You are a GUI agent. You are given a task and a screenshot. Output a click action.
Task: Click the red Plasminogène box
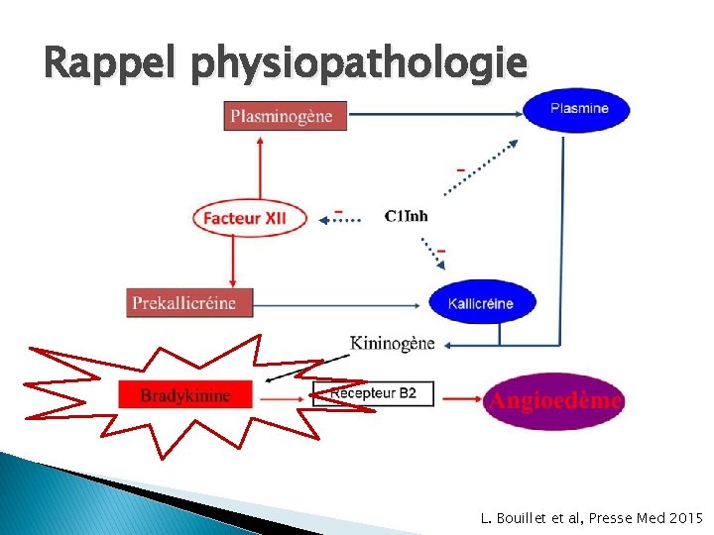285,116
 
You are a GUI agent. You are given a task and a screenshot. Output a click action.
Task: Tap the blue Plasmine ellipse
577,109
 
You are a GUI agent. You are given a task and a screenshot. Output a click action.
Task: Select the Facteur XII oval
251,218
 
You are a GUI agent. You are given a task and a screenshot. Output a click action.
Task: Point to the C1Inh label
407,216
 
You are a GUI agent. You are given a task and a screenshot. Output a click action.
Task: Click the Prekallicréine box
189,302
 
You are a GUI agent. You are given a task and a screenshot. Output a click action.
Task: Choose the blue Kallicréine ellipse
482,302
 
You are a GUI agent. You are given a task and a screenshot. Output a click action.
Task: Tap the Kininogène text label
393,343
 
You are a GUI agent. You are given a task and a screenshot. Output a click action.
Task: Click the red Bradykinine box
185,395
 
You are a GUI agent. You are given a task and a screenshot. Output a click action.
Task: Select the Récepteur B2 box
373,393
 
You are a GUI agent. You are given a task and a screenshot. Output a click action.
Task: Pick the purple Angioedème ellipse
553,400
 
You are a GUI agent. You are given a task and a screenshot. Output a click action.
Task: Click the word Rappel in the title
110,64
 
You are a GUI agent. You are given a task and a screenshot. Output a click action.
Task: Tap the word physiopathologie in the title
359,64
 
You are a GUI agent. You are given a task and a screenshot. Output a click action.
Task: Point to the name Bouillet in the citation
525,517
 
